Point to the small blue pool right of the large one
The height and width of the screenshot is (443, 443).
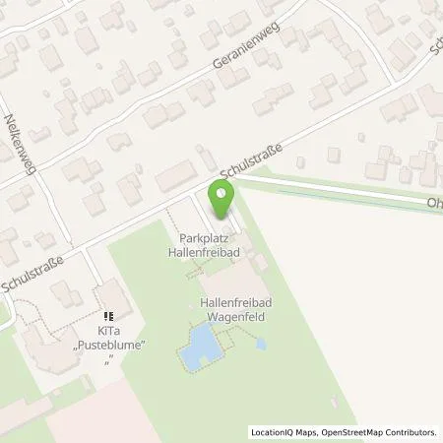pos(260,345)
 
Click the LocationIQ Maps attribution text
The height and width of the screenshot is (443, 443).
pos(285,432)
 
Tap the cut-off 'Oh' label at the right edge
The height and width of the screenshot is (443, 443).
pos(434,205)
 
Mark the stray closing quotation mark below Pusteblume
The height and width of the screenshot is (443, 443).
pos(109,360)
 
